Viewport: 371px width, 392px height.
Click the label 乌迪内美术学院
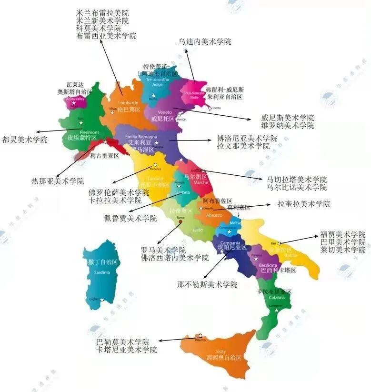pyautogui.click(x=204, y=42)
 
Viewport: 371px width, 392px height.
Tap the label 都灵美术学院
pyautogui.click(x=25, y=140)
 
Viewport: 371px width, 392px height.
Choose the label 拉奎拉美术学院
pyautogui.click(x=304, y=204)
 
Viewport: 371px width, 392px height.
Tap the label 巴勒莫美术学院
pyautogui.click(x=122, y=342)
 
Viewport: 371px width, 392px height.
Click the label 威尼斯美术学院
pyautogui.click(x=287, y=118)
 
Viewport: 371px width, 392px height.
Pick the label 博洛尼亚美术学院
pyautogui.click(x=247, y=138)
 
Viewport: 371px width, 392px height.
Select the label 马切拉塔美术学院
pyautogui.click(x=296, y=180)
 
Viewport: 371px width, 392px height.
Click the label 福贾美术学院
pyautogui.click(x=342, y=234)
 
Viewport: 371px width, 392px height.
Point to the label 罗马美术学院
pyautogui.click(x=163, y=250)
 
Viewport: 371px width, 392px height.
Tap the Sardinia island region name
pyautogui.click(x=102, y=272)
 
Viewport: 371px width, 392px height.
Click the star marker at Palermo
pyautogui.click(x=199, y=335)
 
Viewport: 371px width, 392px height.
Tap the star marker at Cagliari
pyautogui.click(x=102, y=300)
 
